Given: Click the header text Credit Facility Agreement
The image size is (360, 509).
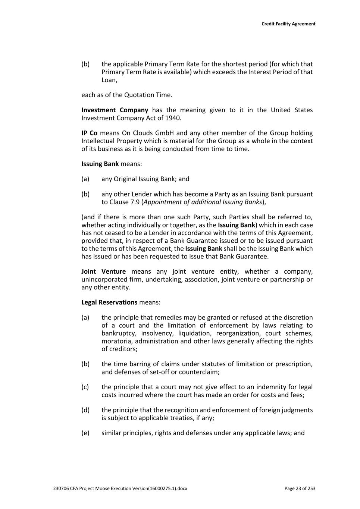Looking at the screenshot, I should click(x=288, y=24).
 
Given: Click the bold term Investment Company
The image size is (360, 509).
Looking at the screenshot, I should click(x=115, y=110).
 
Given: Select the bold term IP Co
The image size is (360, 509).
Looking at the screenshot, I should click(x=89, y=133).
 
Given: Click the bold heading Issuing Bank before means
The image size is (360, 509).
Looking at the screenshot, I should click(x=100, y=164).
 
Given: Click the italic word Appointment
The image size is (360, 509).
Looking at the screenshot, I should click(x=162, y=202).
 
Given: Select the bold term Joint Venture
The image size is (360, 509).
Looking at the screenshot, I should click(x=103, y=271).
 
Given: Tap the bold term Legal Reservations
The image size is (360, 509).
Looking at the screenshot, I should click(x=109, y=302).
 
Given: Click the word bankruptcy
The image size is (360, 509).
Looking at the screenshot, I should click(x=119, y=333).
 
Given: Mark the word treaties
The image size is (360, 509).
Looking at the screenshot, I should click(x=181, y=418).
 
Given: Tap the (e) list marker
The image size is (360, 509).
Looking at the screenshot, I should click(x=85, y=433).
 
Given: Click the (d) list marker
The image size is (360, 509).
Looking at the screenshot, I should click(x=85, y=410).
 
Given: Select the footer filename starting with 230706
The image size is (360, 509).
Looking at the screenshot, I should click(x=120, y=488).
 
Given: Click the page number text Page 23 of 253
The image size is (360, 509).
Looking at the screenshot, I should click(x=300, y=488).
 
